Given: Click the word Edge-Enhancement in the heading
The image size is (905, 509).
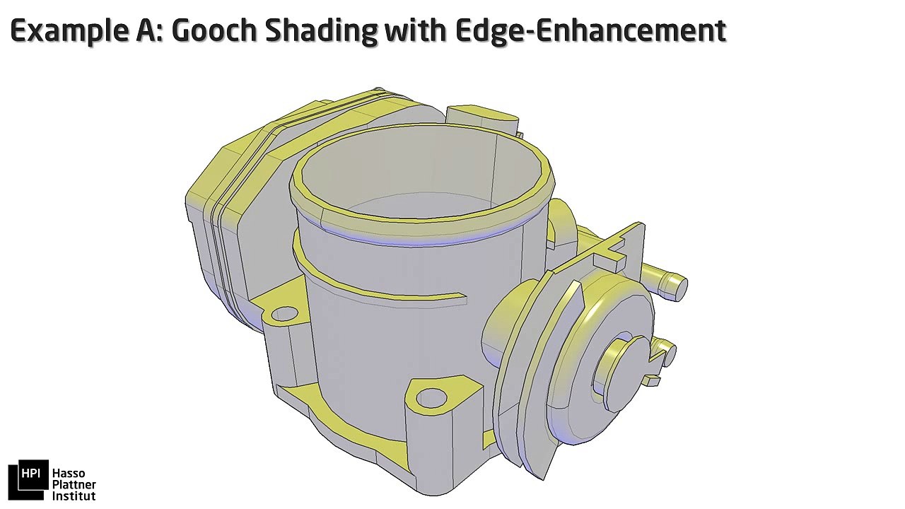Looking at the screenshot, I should point(591,30).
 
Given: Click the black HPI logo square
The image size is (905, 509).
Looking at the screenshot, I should point(28,480).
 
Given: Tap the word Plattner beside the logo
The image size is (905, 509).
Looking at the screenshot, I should point(74,485).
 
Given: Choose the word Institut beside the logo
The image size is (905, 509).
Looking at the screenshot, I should point(74,496).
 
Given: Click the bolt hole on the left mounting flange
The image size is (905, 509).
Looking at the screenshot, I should point(284,314).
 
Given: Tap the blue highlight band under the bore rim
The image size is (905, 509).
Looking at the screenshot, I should point(424,240).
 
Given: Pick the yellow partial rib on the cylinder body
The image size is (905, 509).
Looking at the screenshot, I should point(382,286).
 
